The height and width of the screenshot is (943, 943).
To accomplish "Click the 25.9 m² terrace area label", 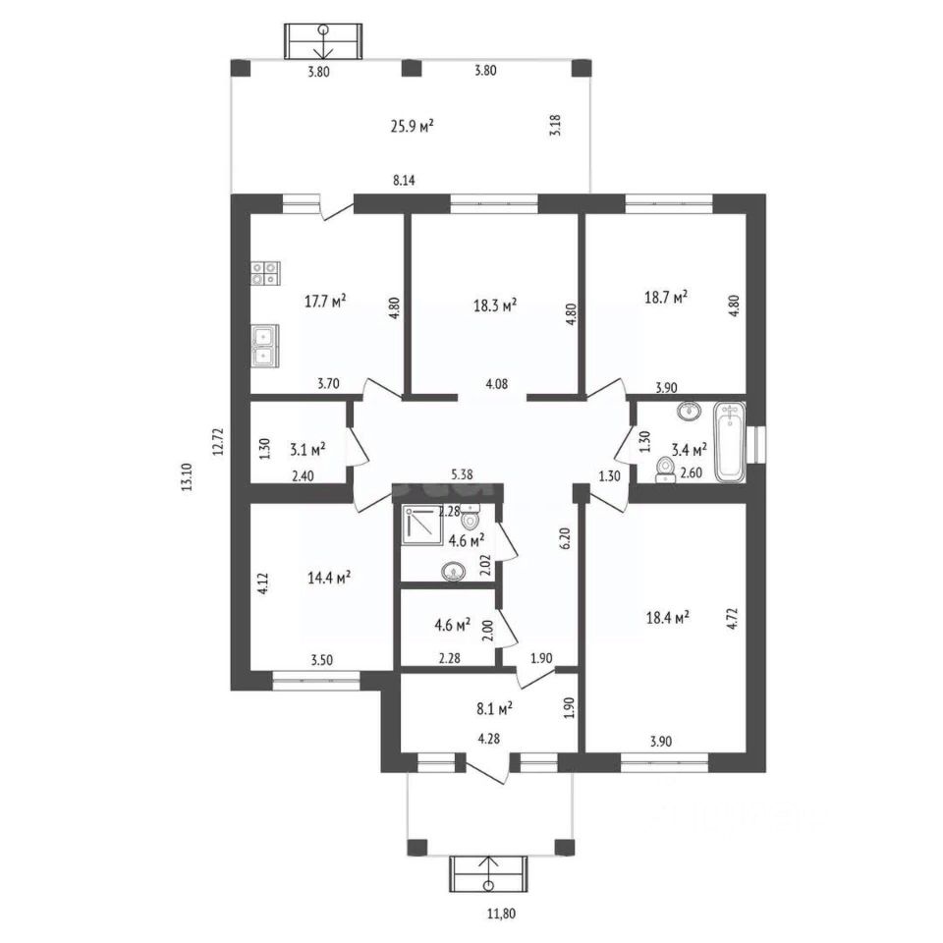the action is click(413, 127).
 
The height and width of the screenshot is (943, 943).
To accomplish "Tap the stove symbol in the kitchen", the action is click(265, 272).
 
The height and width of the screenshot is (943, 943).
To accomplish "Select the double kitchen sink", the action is click(264, 346).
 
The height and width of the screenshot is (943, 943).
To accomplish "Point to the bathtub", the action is click(730, 442).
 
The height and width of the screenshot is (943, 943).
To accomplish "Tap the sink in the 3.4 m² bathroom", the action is click(690, 412).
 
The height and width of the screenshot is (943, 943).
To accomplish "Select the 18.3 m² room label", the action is click(495, 305).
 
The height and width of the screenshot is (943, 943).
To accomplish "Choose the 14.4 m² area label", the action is click(330, 578).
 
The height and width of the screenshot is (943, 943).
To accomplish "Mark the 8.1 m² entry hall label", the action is click(494, 708).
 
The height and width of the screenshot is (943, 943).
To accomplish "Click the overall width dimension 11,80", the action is click(501, 914).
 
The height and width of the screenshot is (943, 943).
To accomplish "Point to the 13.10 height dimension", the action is click(187, 477).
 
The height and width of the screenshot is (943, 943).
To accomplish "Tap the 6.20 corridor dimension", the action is click(564, 537).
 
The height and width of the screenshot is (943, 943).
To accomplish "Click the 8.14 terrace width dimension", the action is click(404, 180).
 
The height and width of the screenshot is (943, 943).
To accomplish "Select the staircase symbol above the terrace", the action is click(323, 41).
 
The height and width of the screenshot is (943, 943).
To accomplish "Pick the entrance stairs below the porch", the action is click(488, 874).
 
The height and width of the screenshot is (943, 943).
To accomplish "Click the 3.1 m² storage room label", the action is click(307, 449).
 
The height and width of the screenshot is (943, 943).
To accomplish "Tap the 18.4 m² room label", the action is click(668, 618).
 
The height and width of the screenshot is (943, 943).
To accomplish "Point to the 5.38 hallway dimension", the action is click(462, 474).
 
